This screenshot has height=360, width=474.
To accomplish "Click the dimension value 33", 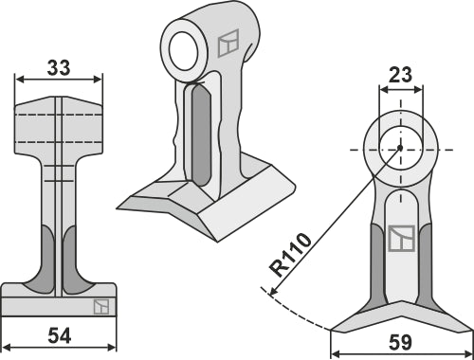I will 57,68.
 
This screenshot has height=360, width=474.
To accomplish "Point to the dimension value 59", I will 400,343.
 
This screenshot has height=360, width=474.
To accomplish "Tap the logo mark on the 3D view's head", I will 227,44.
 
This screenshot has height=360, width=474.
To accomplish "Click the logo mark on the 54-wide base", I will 100,306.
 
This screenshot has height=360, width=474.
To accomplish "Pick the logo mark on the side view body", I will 400,239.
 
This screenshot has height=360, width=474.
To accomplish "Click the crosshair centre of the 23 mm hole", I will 400,148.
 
